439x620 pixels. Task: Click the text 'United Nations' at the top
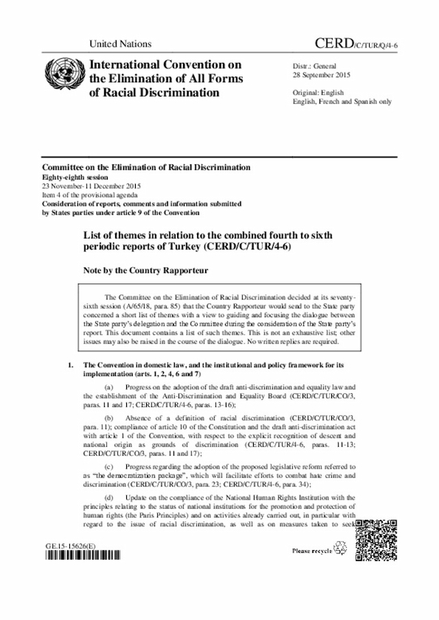tap(120, 44)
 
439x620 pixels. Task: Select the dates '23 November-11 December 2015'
tap(92, 185)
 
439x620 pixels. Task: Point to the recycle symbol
tap(340, 549)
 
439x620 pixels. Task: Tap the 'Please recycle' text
tap(311, 550)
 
